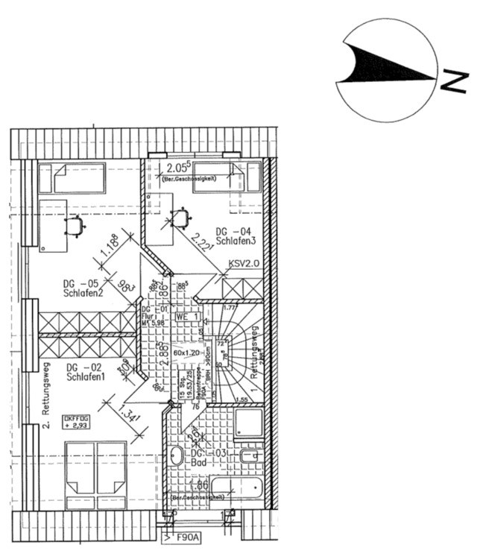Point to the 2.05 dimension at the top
(178, 167)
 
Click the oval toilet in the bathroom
(177, 456)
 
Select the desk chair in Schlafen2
(75, 224)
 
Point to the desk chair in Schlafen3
(180, 218)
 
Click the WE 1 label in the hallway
(186, 317)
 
